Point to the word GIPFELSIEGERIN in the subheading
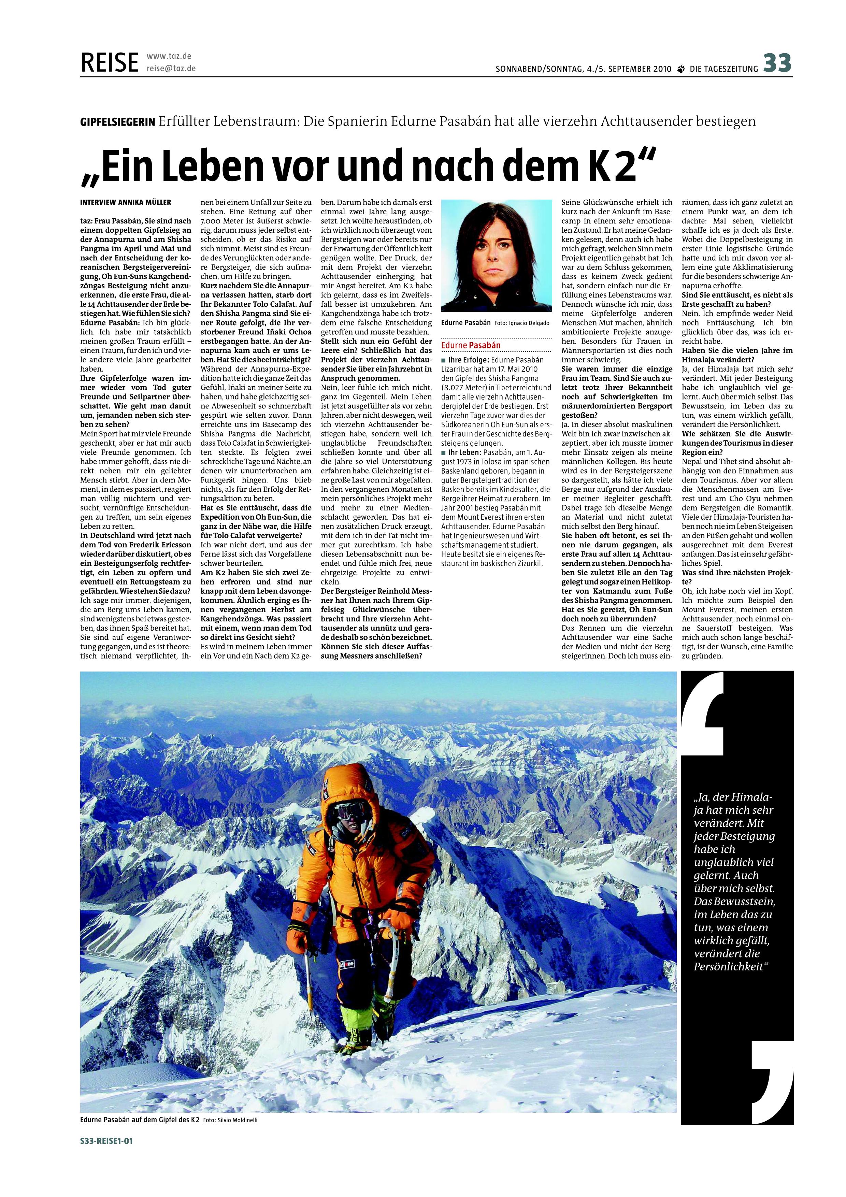118,122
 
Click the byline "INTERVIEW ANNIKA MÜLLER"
126,202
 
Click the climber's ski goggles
347,811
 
